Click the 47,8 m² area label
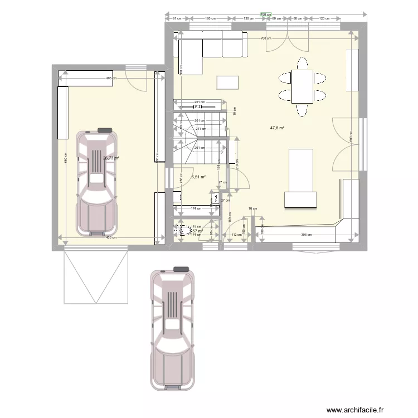click(x=277, y=128)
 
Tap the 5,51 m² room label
click(x=199, y=177)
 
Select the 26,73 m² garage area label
click(x=111, y=158)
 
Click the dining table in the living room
click(x=302, y=86)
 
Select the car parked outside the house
click(x=173, y=329)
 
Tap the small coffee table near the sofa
click(x=227, y=82)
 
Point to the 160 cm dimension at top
click(x=210, y=19)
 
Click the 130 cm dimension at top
click(x=249, y=19)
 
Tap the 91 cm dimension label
click(x=177, y=19)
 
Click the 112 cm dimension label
click(x=236, y=235)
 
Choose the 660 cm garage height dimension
click(x=65, y=158)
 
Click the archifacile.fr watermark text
click(x=355, y=410)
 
